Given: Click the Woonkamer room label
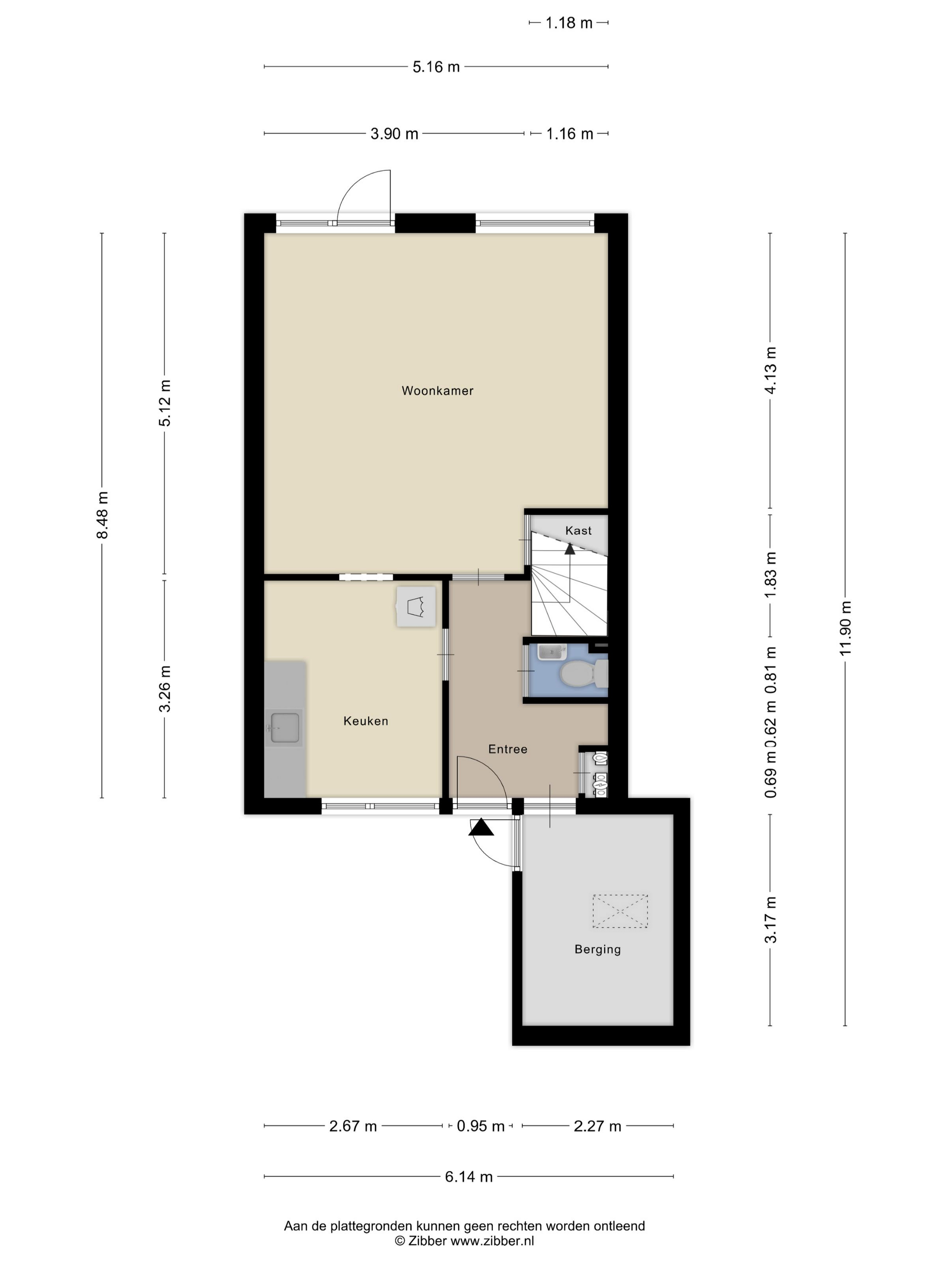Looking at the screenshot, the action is pyautogui.click(x=437, y=391).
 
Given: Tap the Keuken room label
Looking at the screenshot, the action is pyautogui.click(x=366, y=721).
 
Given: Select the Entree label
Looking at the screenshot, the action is pyautogui.click(x=507, y=749).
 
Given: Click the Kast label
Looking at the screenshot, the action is pyautogui.click(x=578, y=530).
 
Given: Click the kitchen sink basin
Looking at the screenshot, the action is pyautogui.click(x=285, y=728).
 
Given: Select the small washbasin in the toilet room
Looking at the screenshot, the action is pyautogui.click(x=552, y=651).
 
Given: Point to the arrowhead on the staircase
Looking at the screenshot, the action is pyautogui.click(x=570, y=549).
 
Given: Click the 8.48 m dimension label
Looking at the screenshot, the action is pyautogui.click(x=102, y=515).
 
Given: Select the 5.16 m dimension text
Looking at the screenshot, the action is pyautogui.click(x=436, y=67).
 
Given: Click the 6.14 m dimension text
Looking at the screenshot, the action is pyautogui.click(x=469, y=1176).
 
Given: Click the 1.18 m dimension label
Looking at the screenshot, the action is pyautogui.click(x=569, y=23).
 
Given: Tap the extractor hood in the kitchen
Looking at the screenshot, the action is pyautogui.click(x=416, y=607).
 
